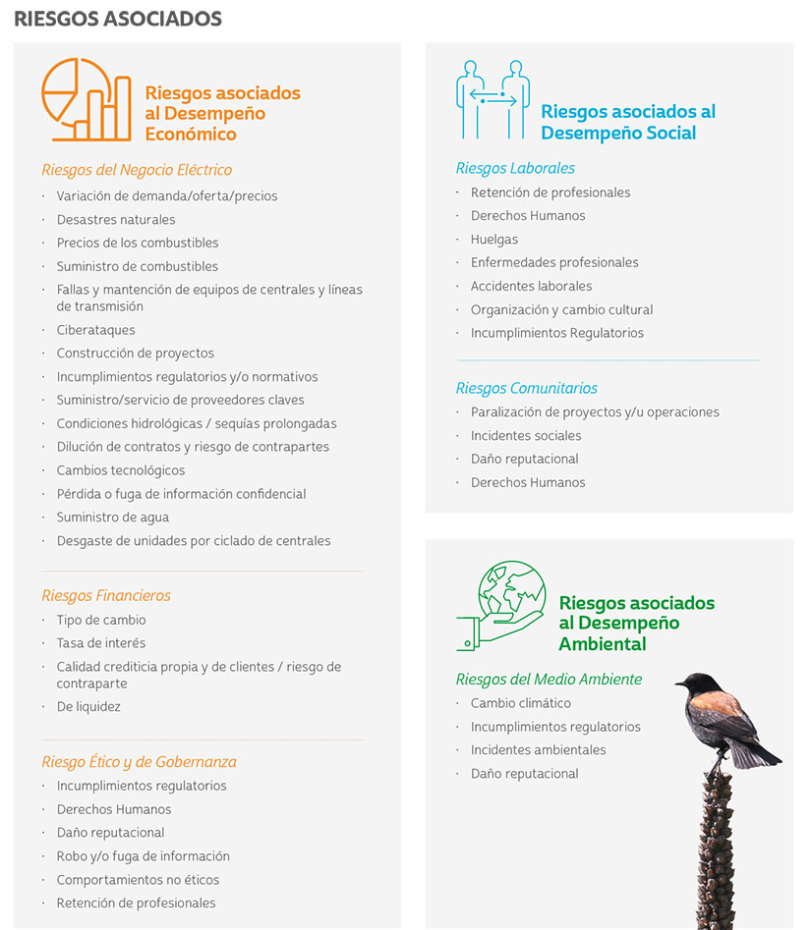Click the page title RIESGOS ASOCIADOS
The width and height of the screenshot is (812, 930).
point(118,19)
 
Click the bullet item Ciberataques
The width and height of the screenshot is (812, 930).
point(95,330)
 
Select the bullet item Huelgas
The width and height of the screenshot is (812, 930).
point(493,239)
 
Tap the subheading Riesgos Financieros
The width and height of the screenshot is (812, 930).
point(106,595)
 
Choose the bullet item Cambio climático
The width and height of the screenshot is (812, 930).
point(520,703)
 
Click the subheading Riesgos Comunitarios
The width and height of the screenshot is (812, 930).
point(526,388)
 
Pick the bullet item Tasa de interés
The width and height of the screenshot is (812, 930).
point(100,643)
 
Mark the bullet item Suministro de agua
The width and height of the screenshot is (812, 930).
point(112,518)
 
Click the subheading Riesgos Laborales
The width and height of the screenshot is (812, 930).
point(515,168)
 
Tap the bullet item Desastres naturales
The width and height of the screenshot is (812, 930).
point(116,219)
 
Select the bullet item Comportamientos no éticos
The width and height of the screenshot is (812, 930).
point(138,880)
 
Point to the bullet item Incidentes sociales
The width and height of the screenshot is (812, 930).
point(525,435)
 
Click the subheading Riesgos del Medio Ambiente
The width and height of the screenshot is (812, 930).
point(549,679)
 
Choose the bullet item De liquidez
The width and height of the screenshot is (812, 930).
point(88,707)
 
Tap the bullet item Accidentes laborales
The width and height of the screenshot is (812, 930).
point(531,286)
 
